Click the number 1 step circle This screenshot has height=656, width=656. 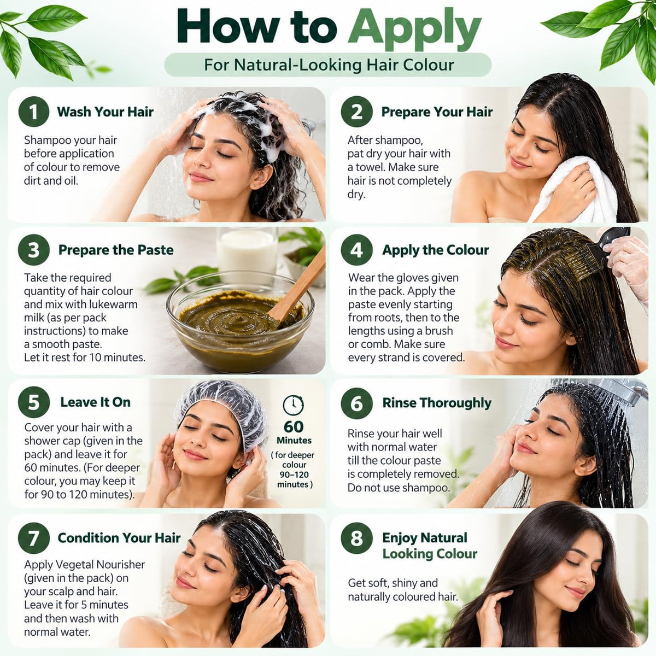(33, 112)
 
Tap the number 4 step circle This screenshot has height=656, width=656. (356, 250)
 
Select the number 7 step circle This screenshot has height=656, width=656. (33, 538)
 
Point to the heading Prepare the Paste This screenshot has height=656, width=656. (116, 250)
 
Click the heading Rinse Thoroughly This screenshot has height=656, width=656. (437, 403)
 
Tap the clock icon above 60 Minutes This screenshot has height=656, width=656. (293, 405)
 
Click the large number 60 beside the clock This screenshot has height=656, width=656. (294, 427)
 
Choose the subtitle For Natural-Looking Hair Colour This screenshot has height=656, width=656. (329, 65)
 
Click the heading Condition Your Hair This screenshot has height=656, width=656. (119, 538)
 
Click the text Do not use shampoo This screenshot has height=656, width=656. (399, 488)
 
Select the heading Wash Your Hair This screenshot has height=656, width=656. (105, 112)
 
